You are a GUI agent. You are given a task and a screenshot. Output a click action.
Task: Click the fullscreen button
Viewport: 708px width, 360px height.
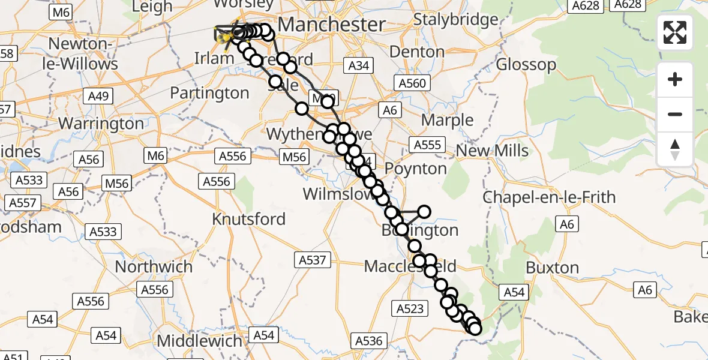pyautogui.click(x=675, y=32)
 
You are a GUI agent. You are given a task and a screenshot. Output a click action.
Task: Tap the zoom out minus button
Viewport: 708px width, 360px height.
pyautogui.click(x=675, y=114)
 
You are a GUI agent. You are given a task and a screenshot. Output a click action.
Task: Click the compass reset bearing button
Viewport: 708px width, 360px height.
pyautogui.click(x=675, y=149)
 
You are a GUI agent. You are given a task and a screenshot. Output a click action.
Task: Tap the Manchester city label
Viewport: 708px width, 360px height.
pyautogui.click(x=332, y=25)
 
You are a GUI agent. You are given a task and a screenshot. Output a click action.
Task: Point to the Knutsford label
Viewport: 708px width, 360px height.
pyautogui.click(x=248, y=219)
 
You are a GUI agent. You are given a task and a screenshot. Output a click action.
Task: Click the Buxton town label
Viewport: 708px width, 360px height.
pyautogui.click(x=552, y=268)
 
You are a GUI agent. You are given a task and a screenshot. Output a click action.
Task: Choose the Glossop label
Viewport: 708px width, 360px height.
pyautogui.click(x=526, y=64)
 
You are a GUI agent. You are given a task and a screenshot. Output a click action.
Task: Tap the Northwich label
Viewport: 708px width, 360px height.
pyautogui.click(x=154, y=266)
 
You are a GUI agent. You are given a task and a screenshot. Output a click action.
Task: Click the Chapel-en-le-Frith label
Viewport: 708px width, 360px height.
pyautogui.click(x=548, y=197)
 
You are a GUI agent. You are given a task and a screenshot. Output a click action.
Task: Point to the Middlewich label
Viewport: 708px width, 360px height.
pyautogui.click(x=200, y=341)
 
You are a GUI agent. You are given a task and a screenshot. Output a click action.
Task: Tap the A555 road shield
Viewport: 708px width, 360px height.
pyautogui.click(x=427, y=145)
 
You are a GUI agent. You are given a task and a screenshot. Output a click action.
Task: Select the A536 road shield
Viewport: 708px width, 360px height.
pyautogui.click(x=368, y=341)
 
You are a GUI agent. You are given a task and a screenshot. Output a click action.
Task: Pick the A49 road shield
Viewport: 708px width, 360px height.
pyautogui.click(x=98, y=95)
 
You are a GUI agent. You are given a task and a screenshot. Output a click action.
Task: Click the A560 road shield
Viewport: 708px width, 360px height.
pyautogui.click(x=412, y=83)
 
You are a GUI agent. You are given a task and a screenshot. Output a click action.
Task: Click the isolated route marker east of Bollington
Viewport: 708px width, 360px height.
pyautogui.click(x=424, y=211)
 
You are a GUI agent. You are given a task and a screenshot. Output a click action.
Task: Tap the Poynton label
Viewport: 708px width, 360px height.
pyautogui.click(x=416, y=169)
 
